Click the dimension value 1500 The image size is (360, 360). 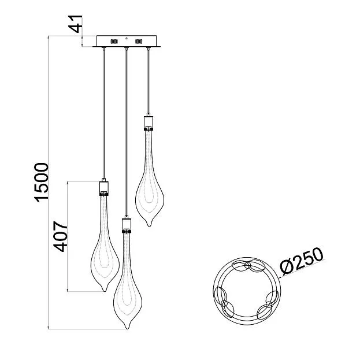tap(42, 183)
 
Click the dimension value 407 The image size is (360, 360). tap(61, 236)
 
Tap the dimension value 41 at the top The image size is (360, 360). tap(75, 24)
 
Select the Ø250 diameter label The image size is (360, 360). tap(302, 261)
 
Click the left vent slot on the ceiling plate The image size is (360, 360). tap(114, 42)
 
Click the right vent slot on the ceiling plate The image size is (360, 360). tap(139, 42)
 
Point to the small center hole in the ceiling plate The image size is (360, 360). tap(127, 39)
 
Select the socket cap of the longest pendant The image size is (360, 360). tap(127, 225)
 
